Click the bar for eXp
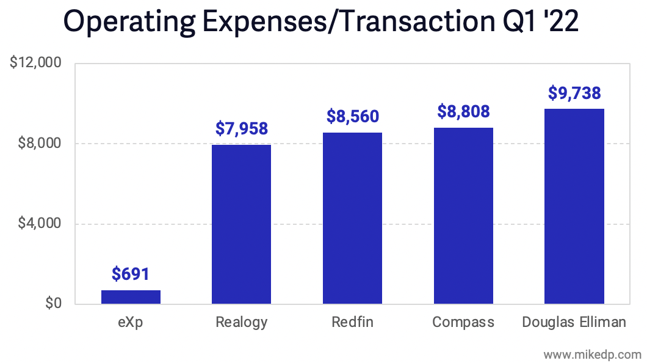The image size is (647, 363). pyautogui.click(x=131, y=297)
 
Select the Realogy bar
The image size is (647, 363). pyautogui.click(x=241, y=224)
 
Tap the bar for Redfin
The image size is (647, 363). pyautogui.click(x=352, y=218)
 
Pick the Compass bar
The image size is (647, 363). pyautogui.click(x=463, y=216)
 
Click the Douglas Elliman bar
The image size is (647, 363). pyautogui.click(x=574, y=207)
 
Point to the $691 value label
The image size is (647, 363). pyautogui.click(x=131, y=274)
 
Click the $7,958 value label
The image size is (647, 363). pyautogui.click(x=242, y=129)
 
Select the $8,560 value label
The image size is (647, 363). pyautogui.click(x=352, y=117)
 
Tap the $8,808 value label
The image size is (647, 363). pyautogui.click(x=463, y=112)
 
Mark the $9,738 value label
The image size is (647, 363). pyautogui.click(x=574, y=93)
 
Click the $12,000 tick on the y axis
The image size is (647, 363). pyautogui.click(x=36, y=64)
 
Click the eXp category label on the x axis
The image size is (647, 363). pyautogui.click(x=131, y=322)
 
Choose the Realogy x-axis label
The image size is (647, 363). pyautogui.click(x=242, y=322)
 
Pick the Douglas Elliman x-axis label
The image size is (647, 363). pyautogui.click(x=574, y=322)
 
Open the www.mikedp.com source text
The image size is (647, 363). pyautogui.click(x=592, y=354)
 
